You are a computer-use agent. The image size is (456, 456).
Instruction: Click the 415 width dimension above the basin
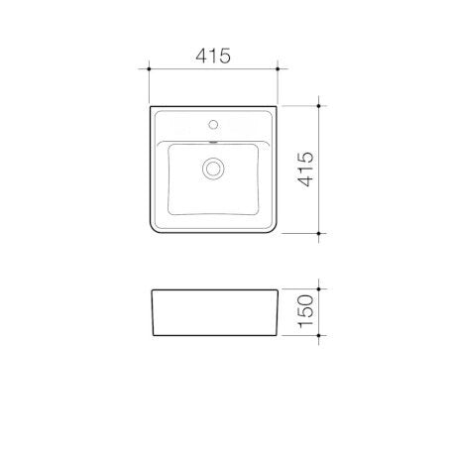coord(213,56)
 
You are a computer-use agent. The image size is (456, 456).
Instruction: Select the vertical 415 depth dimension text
coord(305,170)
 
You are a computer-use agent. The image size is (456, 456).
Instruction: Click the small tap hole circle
coord(213,124)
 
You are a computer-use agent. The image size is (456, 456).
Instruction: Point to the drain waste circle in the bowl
coord(213,169)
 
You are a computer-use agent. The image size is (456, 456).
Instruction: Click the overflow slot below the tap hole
coord(213,143)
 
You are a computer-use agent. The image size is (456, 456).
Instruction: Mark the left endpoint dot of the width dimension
coord(149,68)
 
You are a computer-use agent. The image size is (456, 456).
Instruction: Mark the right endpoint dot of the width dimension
coord(278,68)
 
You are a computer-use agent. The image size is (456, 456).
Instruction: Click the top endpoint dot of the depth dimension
coord(318,106)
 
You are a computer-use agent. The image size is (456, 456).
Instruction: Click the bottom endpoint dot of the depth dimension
coord(318,233)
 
